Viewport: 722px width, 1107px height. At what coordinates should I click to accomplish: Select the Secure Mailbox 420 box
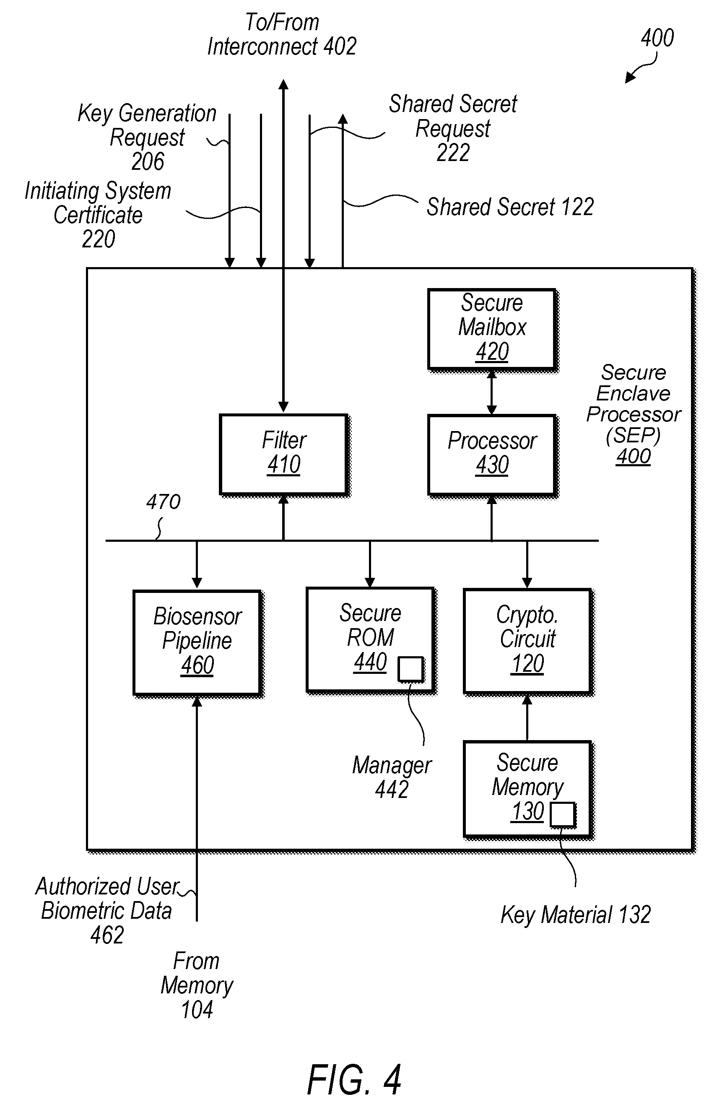pyautogui.click(x=492, y=329)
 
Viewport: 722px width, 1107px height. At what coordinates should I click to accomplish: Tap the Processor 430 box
pyautogui.click(x=492, y=455)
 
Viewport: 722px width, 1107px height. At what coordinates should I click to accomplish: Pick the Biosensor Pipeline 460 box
pyautogui.click(x=197, y=643)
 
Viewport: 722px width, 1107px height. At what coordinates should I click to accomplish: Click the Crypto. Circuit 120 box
pyautogui.click(x=527, y=642)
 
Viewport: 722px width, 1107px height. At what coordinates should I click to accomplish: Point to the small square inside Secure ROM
pyautogui.click(x=411, y=669)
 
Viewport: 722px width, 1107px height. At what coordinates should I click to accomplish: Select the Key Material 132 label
pyautogui.click(x=575, y=914)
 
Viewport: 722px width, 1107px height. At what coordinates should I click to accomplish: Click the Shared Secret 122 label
pyautogui.click(x=510, y=207)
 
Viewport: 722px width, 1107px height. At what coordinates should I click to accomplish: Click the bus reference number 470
pyautogui.click(x=163, y=502)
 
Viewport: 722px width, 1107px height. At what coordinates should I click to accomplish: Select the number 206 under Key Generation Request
pyautogui.click(x=148, y=161)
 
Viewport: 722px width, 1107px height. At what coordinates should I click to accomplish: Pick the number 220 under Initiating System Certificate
pyautogui.click(x=98, y=239)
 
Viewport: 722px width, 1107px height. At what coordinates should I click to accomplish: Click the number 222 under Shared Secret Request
pyautogui.click(x=453, y=153)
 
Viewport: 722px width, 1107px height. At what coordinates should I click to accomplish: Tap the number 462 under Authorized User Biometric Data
pyautogui.click(x=107, y=935)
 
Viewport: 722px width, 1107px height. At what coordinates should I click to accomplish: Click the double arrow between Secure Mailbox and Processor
pyautogui.click(x=492, y=392)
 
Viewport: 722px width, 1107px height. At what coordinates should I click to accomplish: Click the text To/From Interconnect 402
pyautogui.click(x=282, y=34)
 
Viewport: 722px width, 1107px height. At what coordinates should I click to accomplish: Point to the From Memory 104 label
pyautogui.click(x=197, y=985)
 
